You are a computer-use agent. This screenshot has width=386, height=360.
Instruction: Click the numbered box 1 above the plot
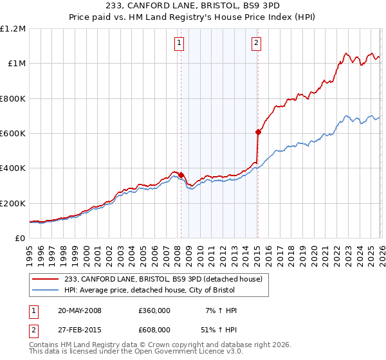click(x=178, y=43)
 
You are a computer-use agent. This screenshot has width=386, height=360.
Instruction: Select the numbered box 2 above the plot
click(x=256, y=43)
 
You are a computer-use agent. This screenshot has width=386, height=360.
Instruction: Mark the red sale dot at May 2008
click(x=181, y=175)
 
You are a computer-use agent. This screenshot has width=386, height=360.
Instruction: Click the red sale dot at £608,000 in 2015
click(x=258, y=132)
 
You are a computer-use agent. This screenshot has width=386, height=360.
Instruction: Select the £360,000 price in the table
click(x=154, y=310)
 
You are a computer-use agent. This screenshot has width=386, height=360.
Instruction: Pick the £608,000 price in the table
click(x=154, y=329)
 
